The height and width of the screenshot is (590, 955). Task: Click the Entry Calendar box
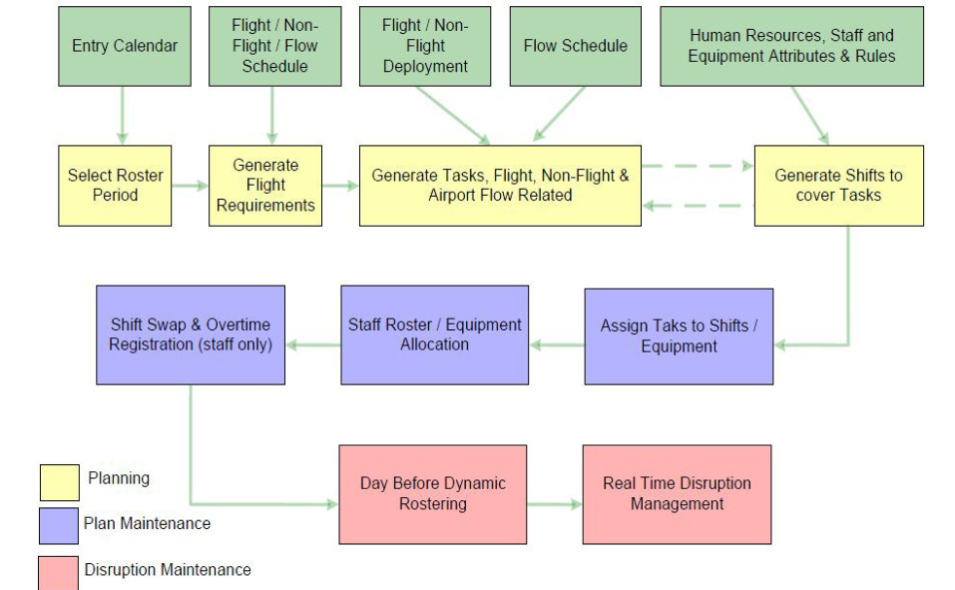click(125, 46)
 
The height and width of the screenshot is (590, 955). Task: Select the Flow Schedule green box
click(576, 46)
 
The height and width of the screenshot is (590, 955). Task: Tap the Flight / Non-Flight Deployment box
click(425, 46)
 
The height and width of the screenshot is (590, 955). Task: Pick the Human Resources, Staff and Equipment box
click(791, 46)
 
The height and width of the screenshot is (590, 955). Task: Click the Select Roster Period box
click(115, 186)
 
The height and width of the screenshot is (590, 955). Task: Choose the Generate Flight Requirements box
click(265, 186)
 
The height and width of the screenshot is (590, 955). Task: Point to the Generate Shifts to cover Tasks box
click(839, 186)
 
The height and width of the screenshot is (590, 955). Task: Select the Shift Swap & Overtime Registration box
click(191, 335)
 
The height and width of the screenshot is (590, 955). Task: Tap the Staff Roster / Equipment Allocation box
click(435, 335)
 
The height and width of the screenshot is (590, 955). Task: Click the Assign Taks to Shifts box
click(680, 336)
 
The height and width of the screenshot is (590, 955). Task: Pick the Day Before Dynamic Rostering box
click(433, 494)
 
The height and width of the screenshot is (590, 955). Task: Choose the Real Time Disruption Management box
click(678, 494)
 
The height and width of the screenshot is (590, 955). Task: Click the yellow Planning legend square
click(60, 483)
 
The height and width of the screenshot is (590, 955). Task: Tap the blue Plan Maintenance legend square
click(59, 526)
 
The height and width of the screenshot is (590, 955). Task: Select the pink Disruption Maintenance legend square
click(59, 573)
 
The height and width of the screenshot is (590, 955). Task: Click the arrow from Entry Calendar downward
click(123, 115)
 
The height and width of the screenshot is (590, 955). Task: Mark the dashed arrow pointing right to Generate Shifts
click(698, 166)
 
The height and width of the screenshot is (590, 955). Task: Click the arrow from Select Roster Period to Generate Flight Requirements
click(190, 186)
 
